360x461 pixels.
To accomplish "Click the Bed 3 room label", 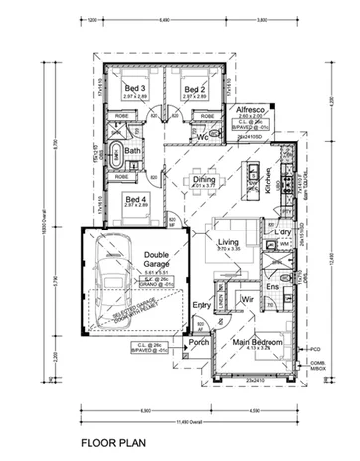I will click(x=136, y=89).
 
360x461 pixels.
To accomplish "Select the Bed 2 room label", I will click(x=194, y=89).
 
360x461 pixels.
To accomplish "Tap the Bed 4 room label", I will click(x=136, y=198).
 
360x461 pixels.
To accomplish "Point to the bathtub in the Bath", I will click(x=117, y=154).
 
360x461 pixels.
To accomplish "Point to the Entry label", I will click(x=202, y=305).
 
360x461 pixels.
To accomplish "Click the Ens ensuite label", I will click(x=272, y=288).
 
